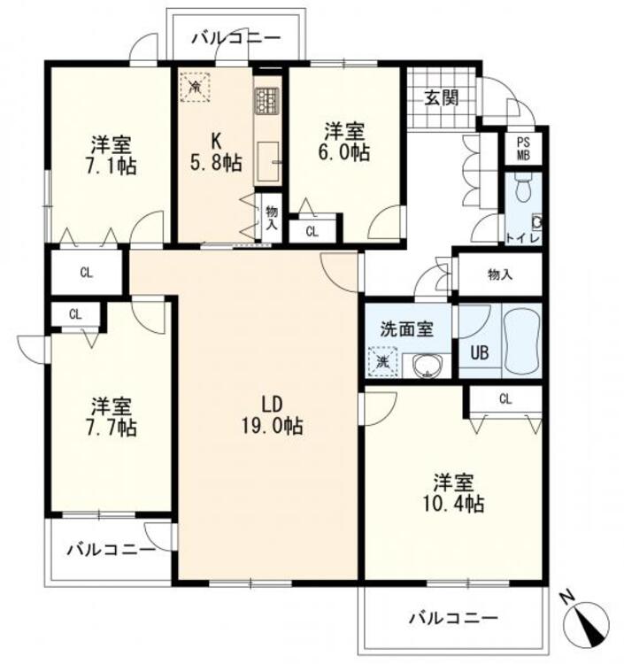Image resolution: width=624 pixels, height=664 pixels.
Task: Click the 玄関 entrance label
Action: coord(440,97)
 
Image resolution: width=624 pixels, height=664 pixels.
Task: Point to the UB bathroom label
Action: coord(479,351)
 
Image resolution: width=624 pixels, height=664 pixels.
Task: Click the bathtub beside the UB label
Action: coord(520,342)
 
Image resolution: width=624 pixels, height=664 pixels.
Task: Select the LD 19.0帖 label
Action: coord(273,415)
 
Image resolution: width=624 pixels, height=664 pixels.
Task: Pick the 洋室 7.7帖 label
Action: coord(112,417)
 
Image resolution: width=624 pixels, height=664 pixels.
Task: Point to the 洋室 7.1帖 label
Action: coord(112,154)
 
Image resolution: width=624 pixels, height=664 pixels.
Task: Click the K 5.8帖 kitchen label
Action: coord(215,152)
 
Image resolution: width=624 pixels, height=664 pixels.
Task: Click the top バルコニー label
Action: coord(235,38)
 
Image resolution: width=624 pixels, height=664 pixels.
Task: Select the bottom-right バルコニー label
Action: coord(453,617)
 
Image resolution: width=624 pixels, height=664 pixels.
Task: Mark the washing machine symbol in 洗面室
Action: coord(383,361)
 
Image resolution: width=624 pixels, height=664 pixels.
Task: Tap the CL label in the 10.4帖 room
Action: coord(505,398)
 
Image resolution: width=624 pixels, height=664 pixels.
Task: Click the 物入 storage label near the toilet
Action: coord(499,274)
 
